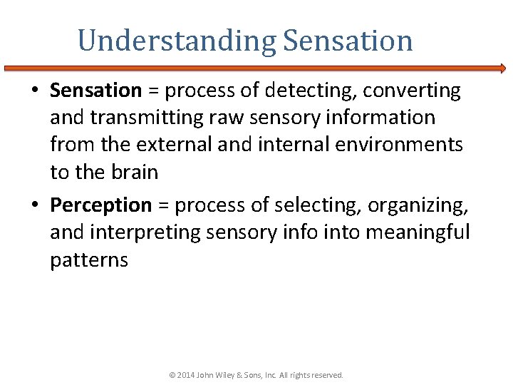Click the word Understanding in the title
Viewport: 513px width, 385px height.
[x=176, y=41]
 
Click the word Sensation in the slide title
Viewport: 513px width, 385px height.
[x=348, y=41]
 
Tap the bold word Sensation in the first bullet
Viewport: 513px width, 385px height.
[x=96, y=91]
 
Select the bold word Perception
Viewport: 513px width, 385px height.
[x=101, y=205]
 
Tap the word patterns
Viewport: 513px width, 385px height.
[x=89, y=260]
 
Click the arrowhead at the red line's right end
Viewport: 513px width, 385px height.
[x=502, y=68]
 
